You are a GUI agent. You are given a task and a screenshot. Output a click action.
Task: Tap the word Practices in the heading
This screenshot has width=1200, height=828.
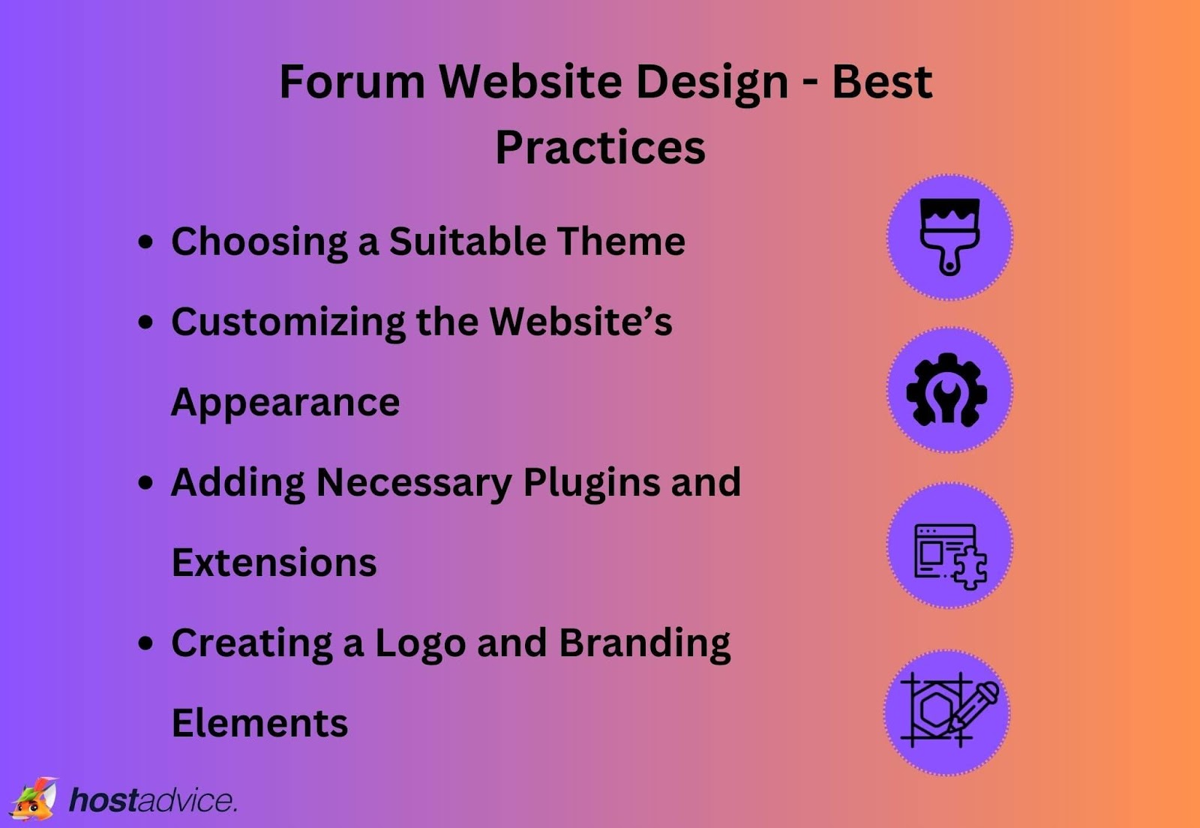(x=600, y=147)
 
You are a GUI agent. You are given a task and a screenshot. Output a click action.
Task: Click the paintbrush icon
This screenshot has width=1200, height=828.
(x=949, y=236)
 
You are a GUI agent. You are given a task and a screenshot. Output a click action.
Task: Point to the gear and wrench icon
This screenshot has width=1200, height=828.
(x=948, y=390)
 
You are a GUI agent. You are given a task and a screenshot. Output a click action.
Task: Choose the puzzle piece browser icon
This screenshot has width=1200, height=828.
(x=949, y=556)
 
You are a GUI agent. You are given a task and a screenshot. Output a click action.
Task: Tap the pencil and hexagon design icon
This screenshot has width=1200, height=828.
(x=948, y=710)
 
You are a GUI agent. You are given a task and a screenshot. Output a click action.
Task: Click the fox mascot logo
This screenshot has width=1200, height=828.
(x=34, y=799)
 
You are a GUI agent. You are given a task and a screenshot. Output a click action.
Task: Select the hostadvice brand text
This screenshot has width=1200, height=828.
(x=153, y=801)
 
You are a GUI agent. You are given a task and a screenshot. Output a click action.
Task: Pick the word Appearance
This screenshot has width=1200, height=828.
(x=285, y=403)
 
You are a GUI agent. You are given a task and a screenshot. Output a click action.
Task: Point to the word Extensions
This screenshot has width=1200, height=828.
(x=274, y=562)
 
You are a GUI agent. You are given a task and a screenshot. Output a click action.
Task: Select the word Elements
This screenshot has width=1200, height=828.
(x=259, y=724)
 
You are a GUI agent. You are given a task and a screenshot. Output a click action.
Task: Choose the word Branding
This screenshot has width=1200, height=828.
(x=644, y=643)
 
